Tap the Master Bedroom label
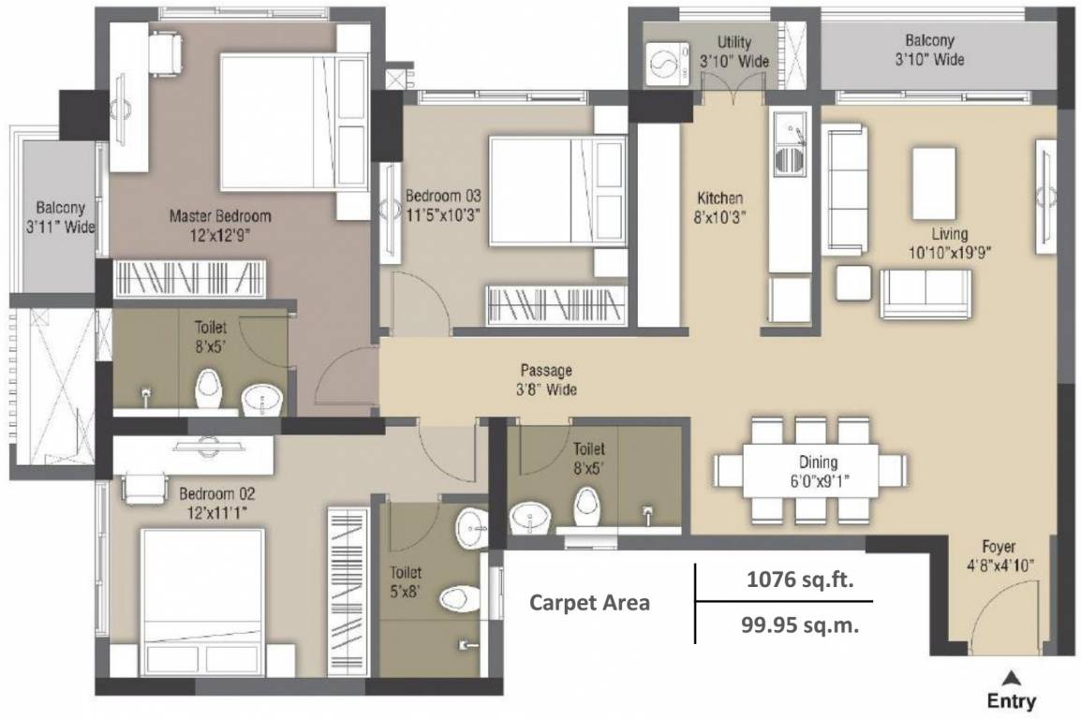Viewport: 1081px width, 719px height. coord(220,216)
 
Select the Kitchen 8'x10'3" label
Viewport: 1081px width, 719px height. coord(719,208)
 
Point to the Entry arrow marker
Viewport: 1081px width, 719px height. coord(1012,678)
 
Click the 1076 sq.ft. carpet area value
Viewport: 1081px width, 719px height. coord(800,580)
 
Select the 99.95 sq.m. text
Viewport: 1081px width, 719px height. coord(800,624)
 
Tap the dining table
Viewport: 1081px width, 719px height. coord(810,470)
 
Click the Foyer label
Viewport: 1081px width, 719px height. coord(999,547)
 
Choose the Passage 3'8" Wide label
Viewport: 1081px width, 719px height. coord(546,380)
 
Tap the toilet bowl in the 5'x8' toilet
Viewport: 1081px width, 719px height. coord(460,598)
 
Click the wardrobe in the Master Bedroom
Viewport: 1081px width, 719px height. coord(189,279)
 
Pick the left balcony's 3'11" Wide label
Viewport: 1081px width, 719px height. coord(61,227)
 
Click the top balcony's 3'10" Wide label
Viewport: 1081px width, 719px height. coord(929,59)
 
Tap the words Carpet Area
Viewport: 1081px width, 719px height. coord(589,603)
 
